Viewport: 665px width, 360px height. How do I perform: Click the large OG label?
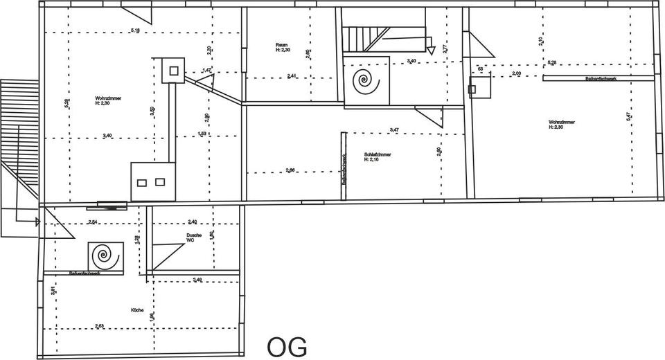[x=287, y=345]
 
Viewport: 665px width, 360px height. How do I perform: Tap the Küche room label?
[x=136, y=310]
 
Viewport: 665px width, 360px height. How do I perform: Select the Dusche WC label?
[x=194, y=237]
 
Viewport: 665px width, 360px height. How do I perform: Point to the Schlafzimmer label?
[x=377, y=156]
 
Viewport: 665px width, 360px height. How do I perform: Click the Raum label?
[x=282, y=47]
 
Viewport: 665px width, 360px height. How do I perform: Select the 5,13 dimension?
[x=136, y=30]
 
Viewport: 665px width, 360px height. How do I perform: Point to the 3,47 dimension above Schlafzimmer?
[x=394, y=130]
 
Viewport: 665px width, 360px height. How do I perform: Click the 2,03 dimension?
[x=516, y=73]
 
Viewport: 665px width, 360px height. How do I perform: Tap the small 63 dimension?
[x=479, y=69]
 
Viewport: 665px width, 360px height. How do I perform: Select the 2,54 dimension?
[x=93, y=222]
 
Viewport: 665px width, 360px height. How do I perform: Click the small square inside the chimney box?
[x=172, y=70]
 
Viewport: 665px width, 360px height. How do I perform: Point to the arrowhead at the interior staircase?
[x=429, y=42]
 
